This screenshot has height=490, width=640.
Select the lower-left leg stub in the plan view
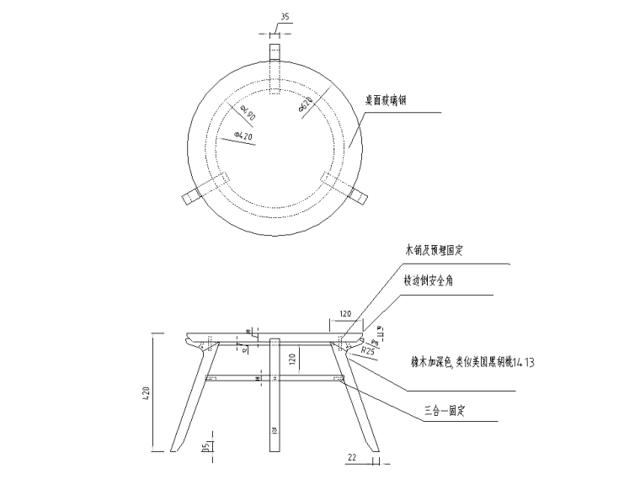[x=192, y=195]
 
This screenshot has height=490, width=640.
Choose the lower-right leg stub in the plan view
[x=358, y=195]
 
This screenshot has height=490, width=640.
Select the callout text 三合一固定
[x=445, y=412]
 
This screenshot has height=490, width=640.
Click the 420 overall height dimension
[x=145, y=391]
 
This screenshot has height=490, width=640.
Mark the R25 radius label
[x=366, y=349]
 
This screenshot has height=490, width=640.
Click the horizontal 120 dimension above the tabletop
[x=345, y=313]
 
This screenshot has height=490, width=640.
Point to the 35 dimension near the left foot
[x=205, y=448]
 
